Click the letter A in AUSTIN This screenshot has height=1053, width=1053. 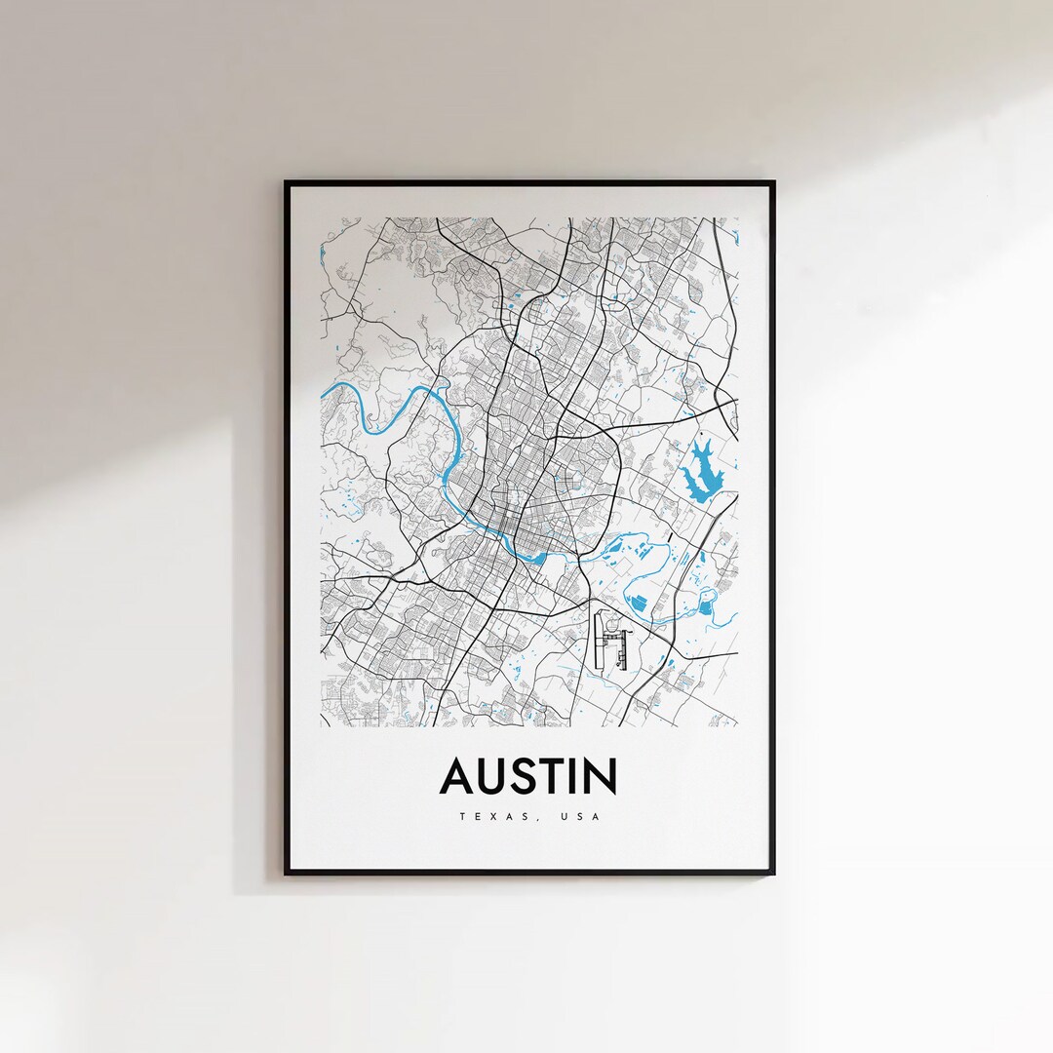coord(458,777)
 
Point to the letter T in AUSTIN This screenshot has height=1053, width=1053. coord(559,777)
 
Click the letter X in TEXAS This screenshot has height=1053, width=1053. coord(492,816)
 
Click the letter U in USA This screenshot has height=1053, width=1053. coord(564,816)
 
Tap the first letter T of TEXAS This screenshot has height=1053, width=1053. coord(461,816)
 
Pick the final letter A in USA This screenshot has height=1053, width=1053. coord(597,816)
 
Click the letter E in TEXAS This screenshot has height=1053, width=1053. coord(477,816)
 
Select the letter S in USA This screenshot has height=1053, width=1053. coord(580,816)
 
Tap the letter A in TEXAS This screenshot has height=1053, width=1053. coord(510,816)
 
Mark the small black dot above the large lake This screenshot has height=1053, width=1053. coord(700,430)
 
